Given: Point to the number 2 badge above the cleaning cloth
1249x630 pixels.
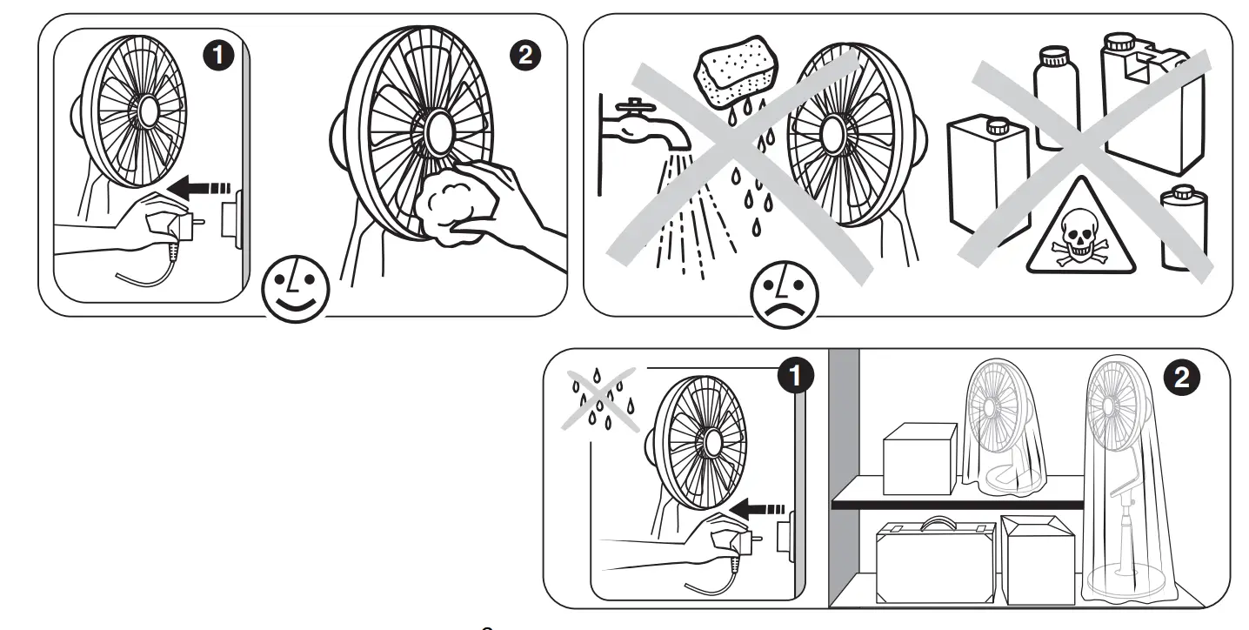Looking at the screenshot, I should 523,54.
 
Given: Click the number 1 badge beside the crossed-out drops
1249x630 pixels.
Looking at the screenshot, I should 793,379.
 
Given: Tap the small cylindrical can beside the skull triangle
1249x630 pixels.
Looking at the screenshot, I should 1184,228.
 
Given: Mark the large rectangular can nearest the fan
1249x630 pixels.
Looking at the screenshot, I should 987,178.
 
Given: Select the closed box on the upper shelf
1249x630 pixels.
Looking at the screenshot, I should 919,449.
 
